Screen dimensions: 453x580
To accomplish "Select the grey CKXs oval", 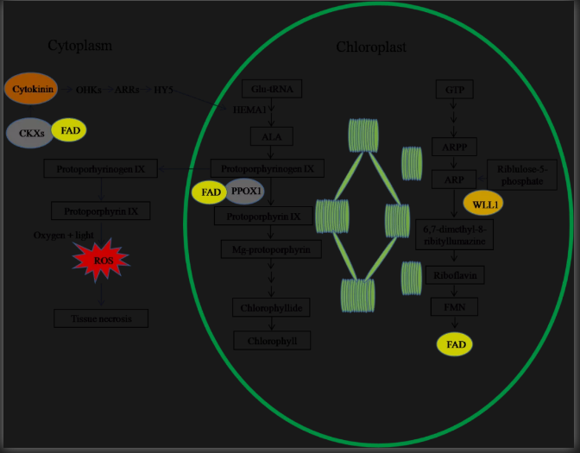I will [31, 132].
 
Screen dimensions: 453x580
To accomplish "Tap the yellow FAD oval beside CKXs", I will [69, 130].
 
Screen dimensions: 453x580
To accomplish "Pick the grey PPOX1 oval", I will [245, 191].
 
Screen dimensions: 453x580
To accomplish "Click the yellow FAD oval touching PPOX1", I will [208, 191].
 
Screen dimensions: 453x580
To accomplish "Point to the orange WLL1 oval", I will [482, 204].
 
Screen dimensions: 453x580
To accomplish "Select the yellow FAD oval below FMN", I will [455, 345].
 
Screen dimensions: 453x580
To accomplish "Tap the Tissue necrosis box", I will [101, 318].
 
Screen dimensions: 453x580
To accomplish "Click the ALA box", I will [273, 136].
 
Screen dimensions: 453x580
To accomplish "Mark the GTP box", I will [454, 90].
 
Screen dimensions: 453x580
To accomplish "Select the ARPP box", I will [454, 147].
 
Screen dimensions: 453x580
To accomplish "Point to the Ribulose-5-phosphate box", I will [521, 173].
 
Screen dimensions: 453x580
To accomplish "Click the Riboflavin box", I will [455, 275].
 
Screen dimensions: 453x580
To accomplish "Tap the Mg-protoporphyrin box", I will [271, 249].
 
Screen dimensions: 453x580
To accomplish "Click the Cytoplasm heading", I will [79, 45].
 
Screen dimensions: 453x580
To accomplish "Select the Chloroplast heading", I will [371, 47].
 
